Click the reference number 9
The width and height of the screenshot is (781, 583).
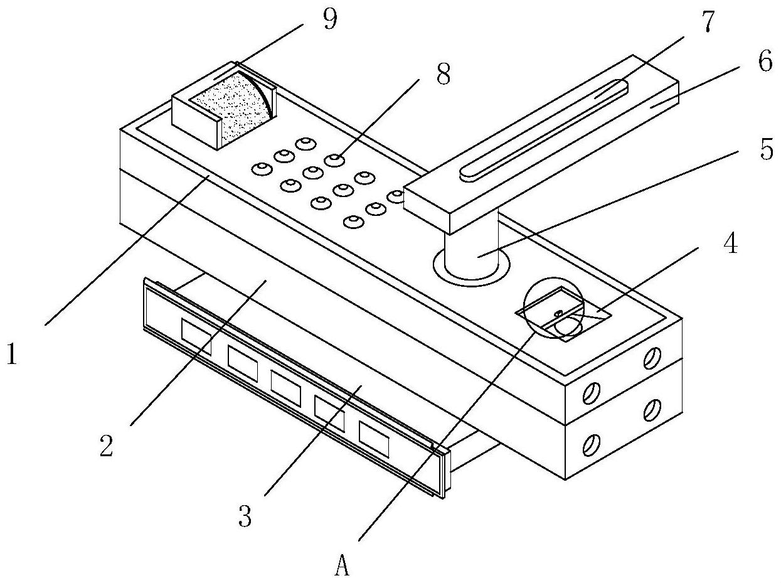tap(329, 20)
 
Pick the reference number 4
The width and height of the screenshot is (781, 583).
tap(730, 245)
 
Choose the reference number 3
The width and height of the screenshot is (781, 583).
tap(245, 517)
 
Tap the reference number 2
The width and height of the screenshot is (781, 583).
tap(107, 446)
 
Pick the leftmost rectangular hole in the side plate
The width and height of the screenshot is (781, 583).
tap(196, 336)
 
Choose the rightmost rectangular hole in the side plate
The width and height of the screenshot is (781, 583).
tap(374, 438)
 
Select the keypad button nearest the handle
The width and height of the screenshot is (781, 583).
tap(396, 196)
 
